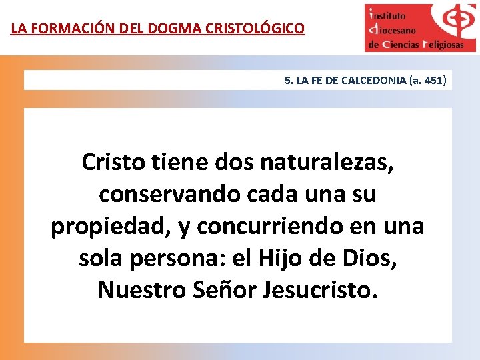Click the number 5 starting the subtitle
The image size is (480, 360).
(287, 81)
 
